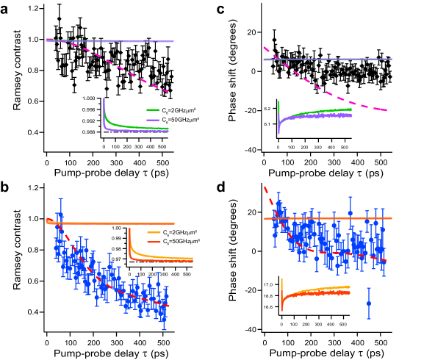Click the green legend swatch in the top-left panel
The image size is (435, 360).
click(153, 109)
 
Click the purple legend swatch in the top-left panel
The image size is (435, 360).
click(153, 120)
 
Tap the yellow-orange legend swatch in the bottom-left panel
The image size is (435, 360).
click(154, 232)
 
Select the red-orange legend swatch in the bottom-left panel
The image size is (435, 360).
click(154, 242)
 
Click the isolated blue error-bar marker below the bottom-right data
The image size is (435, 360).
click(369, 303)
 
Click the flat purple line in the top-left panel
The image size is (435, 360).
click(147, 41)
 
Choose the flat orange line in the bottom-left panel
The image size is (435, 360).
click(110, 223)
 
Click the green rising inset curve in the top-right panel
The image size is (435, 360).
click(331, 111)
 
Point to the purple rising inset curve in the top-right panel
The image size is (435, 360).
click(331, 116)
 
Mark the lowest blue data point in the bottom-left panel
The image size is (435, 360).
click(164, 319)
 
